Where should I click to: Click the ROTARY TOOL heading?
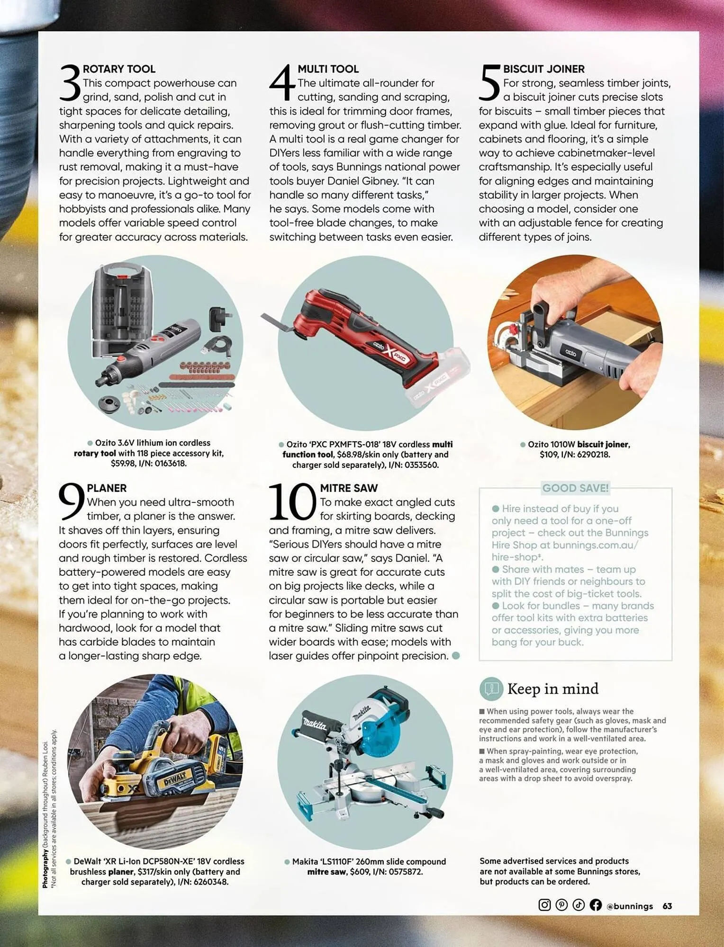[x=119, y=69]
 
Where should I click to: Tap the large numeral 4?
[x=283, y=83]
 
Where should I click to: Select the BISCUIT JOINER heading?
[x=543, y=69]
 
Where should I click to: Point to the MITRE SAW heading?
[x=349, y=488]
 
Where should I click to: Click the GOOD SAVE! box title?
[x=575, y=488]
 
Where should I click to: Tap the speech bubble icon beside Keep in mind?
[x=491, y=689]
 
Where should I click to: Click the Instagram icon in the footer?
[x=544, y=905]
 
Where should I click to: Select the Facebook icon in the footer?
[x=596, y=905]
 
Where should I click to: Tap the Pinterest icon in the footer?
[x=561, y=905]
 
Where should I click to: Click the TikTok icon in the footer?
[x=579, y=905]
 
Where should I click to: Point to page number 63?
[x=667, y=906]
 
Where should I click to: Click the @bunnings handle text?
[x=630, y=906]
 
